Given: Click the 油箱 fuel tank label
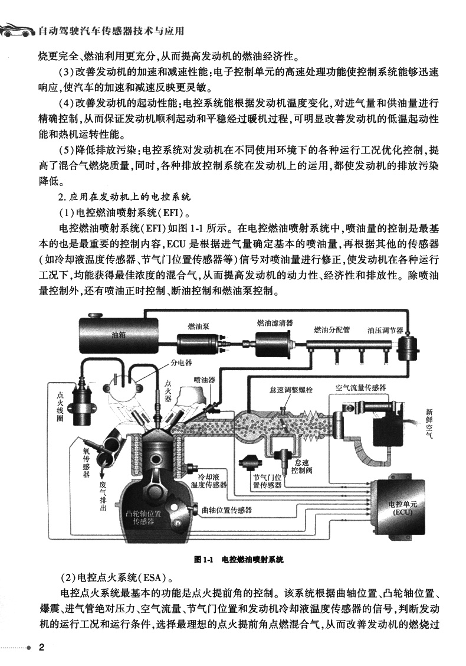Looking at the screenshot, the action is (x=119, y=335).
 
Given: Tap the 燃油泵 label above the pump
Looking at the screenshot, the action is (x=199, y=326).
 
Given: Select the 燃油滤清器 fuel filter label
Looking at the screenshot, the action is (x=275, y=323).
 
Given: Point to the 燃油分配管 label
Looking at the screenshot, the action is (x=332, y=329).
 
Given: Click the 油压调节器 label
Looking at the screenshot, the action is (x=385, y=330).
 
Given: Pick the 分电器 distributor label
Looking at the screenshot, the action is (x=181, y=363).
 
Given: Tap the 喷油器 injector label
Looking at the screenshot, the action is (x=205, y=380).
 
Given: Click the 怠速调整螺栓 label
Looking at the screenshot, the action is (x=291, y=390).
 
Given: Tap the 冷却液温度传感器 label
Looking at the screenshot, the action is (x=208, y=481).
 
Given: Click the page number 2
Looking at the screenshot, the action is (x=42, y=648).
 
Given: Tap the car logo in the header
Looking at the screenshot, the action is (x=17, y=31).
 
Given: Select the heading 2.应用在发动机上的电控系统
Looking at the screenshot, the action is (x=124, y=197).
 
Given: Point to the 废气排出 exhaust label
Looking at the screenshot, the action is (x=103, y=496).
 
